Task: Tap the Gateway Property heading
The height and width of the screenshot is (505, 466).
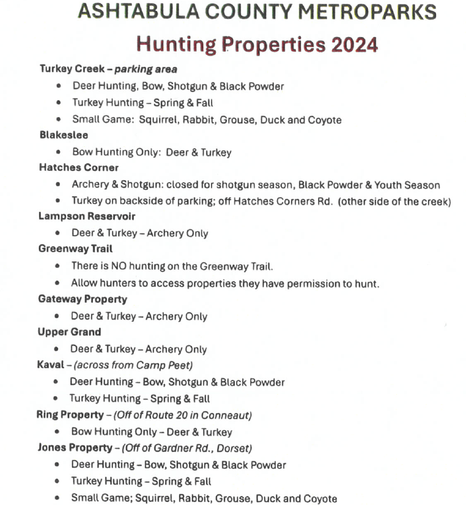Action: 82,299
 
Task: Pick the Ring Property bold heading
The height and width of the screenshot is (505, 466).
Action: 70,415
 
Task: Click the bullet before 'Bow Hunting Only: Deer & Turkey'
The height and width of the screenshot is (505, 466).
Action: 59,152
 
